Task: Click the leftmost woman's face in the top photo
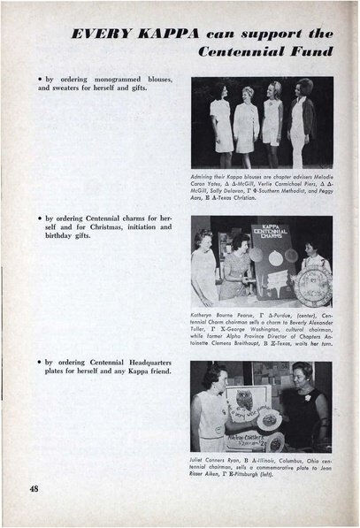pos(217,92)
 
